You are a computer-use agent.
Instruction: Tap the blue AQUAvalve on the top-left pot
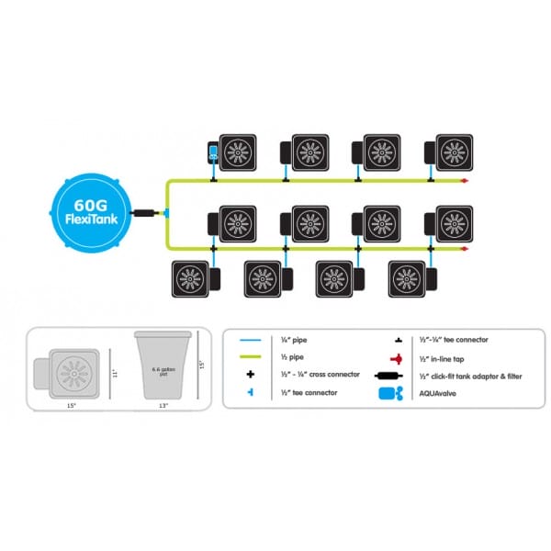(213, 153)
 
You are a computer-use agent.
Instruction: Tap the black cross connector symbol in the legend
(251, 375)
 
